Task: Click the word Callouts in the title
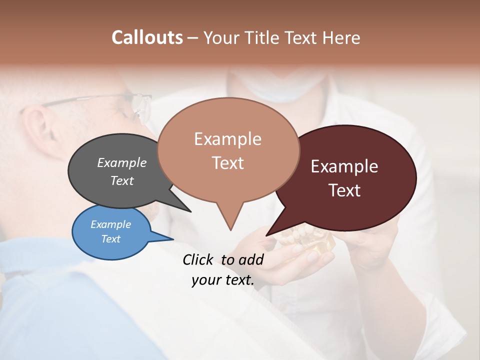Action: pyautogui.click(x=147, y=37)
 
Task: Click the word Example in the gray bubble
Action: pyautogui.click(x=121, y=162)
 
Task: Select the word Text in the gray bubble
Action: pyautogui.click(x=121, y=180)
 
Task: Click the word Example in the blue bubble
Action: pyautogui.click(x=110, y=224)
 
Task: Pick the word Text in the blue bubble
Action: pyautogui.click(x=110, y=238)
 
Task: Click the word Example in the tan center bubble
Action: pyautogui.click(x=227, y=139)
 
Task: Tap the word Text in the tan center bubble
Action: pyautogui.click(x=227, y=162)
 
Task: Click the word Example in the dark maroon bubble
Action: pyautogui.click(x=344, y=166)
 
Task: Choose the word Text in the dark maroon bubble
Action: pyautogui.click(x=344, y=190)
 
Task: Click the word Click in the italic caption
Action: pyautogui.click(x=199, y=259)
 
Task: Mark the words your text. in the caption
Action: pyautogui.click(x=222, y=280)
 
